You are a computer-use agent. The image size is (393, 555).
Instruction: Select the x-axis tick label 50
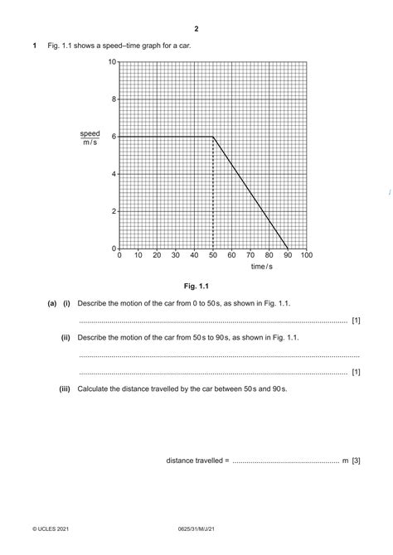click(213, 256)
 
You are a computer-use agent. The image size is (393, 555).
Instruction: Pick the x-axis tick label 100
click(306, 256)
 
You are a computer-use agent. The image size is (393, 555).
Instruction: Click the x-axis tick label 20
click(157, 256)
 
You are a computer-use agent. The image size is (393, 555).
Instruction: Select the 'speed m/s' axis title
click(90, 138)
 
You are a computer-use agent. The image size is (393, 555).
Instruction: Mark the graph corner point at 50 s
click(213, 137)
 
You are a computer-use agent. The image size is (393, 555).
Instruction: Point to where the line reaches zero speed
click(288, 249)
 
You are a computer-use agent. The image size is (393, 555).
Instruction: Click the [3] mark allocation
click(356, 460)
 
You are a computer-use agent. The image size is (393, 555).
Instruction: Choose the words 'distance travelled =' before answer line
click(196, 460)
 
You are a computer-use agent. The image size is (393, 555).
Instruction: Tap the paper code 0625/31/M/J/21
click(196, 527)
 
